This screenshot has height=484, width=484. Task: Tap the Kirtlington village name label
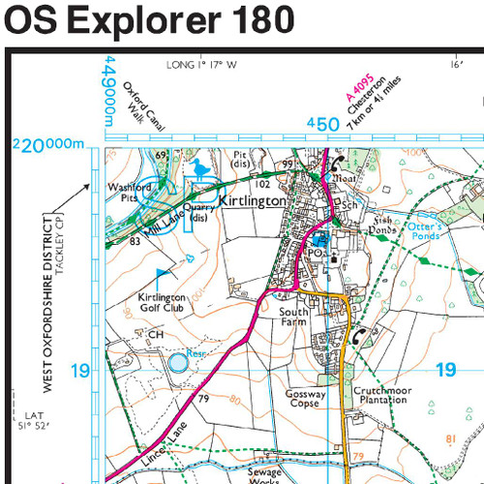pos(253,200)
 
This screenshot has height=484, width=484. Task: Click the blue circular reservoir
pos(178,363)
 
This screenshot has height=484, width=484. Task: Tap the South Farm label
pos(293,318)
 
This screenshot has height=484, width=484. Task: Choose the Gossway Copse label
pos(306,400)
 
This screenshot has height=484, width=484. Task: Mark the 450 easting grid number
pos(321,124)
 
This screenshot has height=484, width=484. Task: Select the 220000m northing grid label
pos(49,145)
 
